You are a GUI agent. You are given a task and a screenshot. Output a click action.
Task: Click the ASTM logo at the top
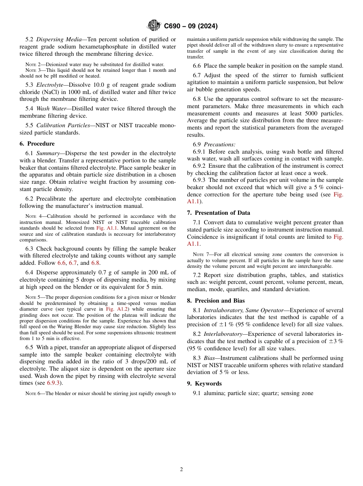[x=154, y=26]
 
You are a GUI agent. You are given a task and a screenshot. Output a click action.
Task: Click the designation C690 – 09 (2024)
[x=191, y=26]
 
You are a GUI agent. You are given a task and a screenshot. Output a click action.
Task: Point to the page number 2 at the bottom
[x=181, y=470]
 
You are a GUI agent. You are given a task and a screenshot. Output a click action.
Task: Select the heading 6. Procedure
[x=37, y=144]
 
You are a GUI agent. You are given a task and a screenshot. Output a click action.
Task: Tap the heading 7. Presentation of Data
[x=219, y=213]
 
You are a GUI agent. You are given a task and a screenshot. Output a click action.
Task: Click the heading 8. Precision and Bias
[x=216, y=301]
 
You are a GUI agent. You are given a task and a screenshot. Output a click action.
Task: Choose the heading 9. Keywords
[x=204, y=384]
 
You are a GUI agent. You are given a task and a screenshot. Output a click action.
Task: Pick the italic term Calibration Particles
[x=63, y=125]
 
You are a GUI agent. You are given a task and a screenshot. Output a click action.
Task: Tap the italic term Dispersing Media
[x=59, y=39]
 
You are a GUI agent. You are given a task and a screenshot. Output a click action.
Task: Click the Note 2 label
[x=31, y=64]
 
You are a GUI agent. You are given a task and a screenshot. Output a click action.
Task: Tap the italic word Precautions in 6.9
[x=219, y=144]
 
